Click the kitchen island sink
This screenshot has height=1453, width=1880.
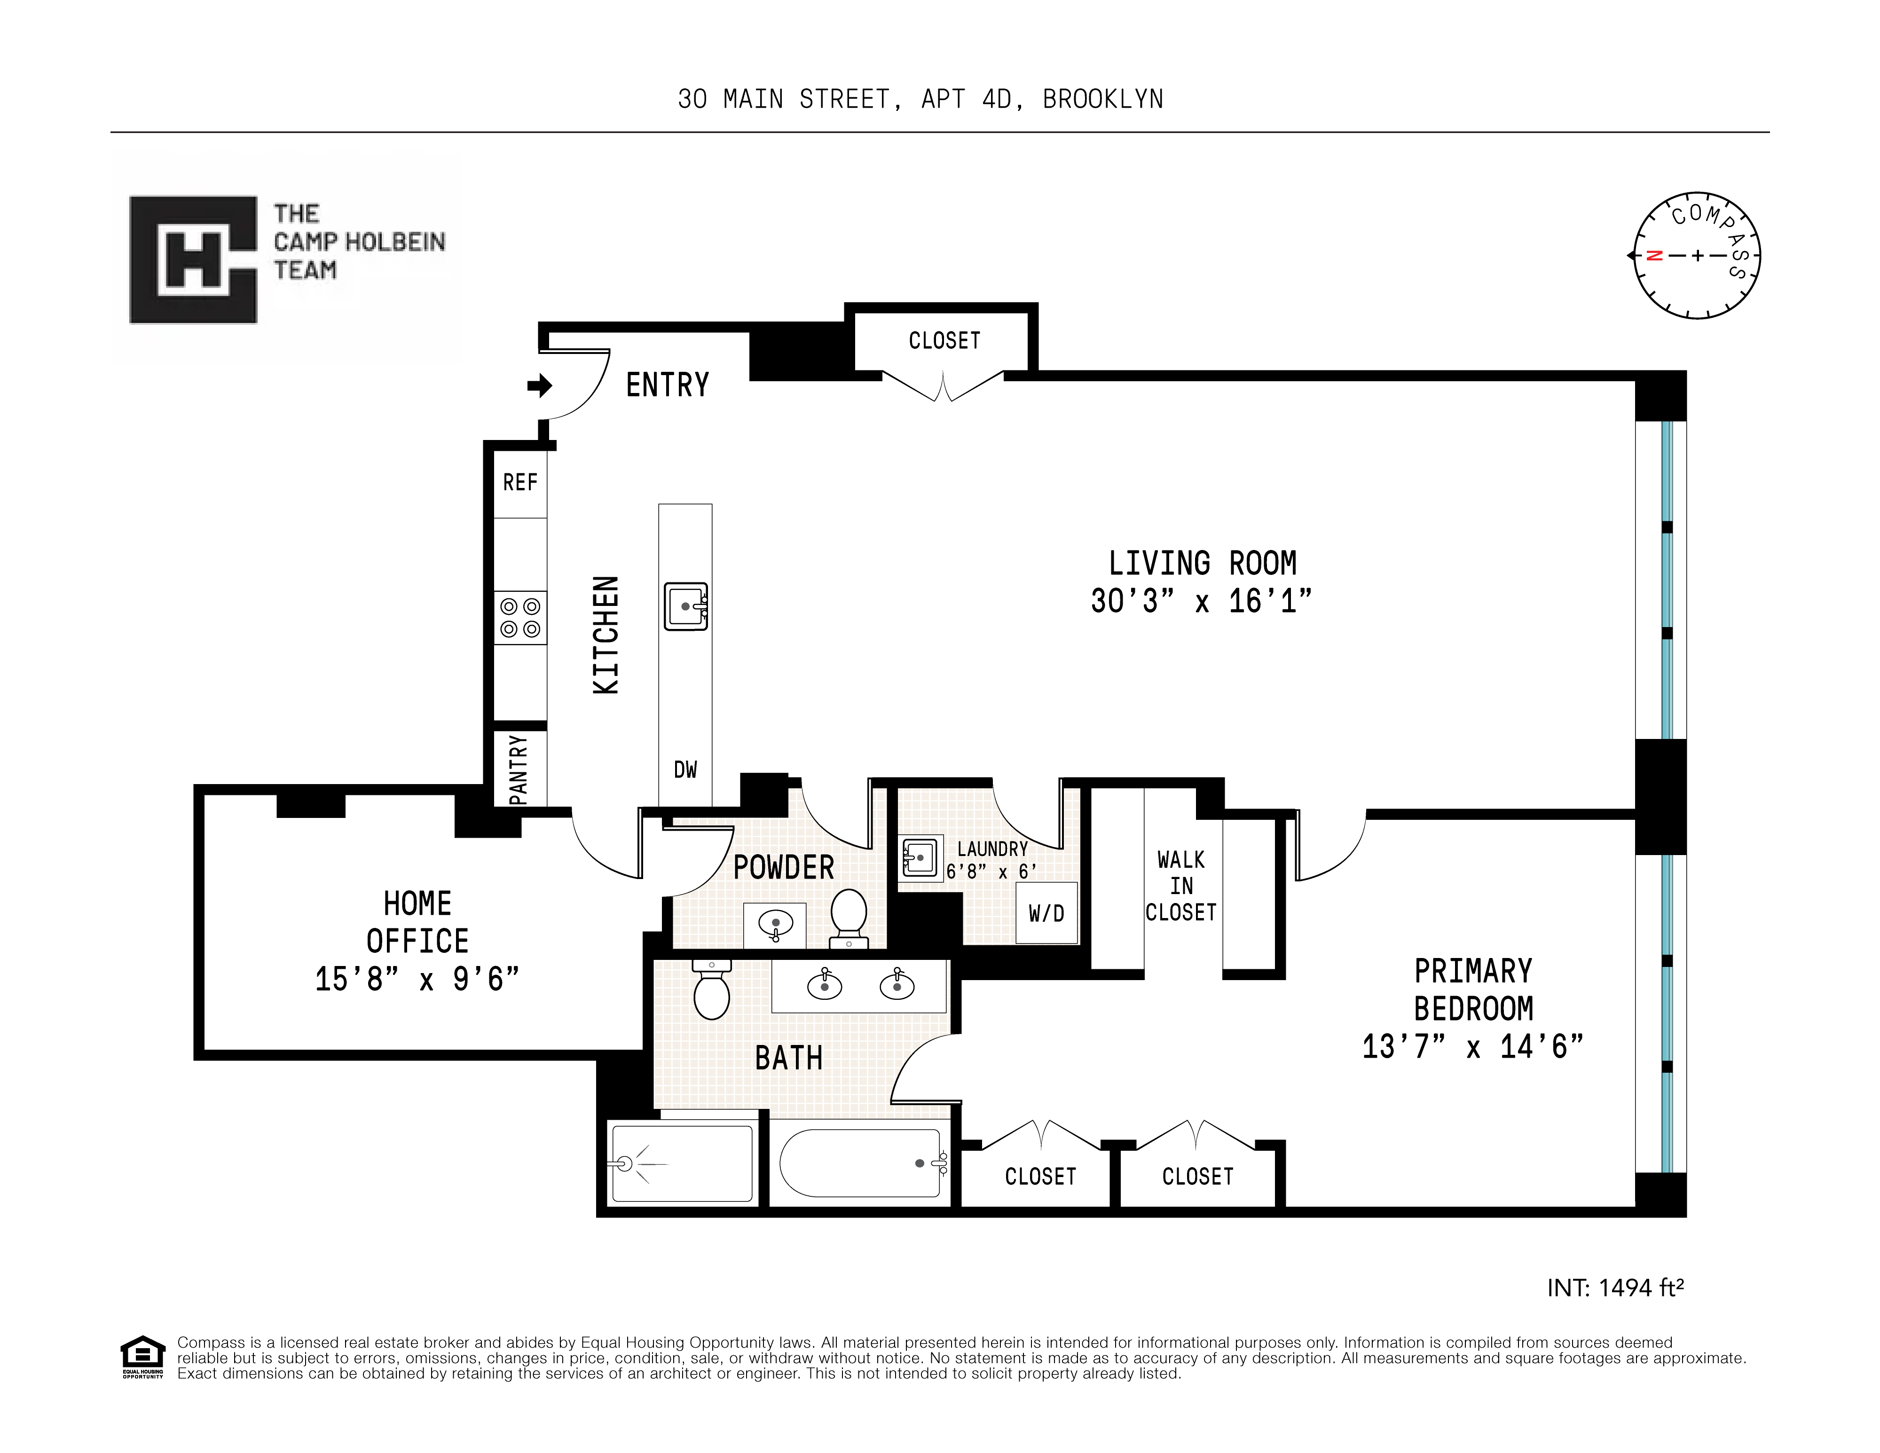686,607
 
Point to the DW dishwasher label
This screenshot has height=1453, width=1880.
685,770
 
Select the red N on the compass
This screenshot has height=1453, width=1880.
1653,256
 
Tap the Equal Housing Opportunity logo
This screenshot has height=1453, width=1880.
142,1357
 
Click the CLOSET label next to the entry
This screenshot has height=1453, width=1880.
944,341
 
